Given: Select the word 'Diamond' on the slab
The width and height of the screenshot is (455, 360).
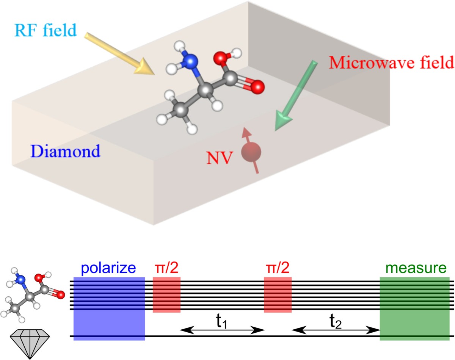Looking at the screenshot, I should [66, 151].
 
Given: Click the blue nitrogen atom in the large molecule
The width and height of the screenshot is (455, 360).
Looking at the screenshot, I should [193, 60].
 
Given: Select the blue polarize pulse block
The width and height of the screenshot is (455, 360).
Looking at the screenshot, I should [109, 308].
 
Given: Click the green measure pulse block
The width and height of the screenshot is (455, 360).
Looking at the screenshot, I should [414, 308].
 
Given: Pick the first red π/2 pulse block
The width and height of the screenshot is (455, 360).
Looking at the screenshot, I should [166, 294].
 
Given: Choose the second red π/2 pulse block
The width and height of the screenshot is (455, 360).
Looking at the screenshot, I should [278, 294].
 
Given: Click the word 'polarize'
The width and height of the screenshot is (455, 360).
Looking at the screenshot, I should [109, 268].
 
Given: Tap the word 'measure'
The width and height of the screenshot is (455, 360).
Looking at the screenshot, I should [414, 268].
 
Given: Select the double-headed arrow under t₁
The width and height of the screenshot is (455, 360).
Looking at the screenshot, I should [222, 330].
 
